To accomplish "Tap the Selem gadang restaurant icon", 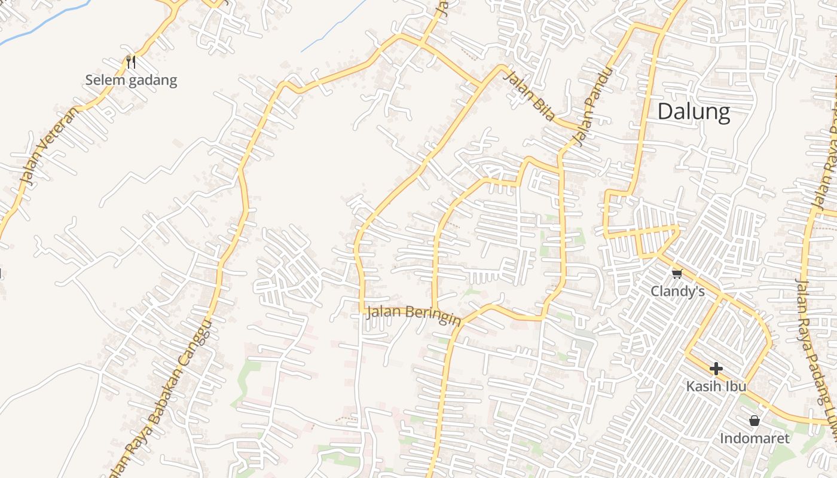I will tap(131, 62).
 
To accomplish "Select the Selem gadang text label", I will tap(131, 80).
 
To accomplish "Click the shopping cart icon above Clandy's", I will tap(677, 274).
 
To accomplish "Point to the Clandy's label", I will tap(677, 292).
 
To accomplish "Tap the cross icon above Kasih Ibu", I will tap(716, 368).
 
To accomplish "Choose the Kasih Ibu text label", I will tap(716, 386).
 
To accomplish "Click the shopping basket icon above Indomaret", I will tap(754, 421).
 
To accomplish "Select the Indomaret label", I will tap(754, 438).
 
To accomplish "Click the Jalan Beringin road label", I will tap(414, 314).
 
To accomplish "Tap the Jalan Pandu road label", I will tap(592, 107).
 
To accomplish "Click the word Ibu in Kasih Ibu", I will tap(735, 386).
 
